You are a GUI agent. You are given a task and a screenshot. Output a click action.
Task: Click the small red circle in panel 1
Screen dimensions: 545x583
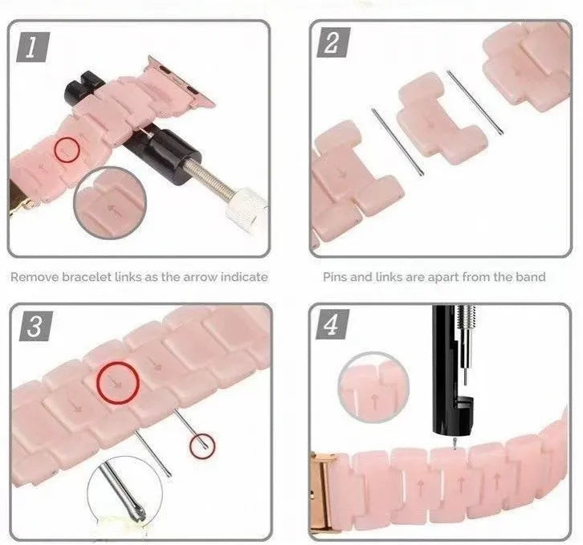pos(68,148)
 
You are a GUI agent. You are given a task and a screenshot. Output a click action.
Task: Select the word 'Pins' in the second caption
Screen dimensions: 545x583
pos(336,277)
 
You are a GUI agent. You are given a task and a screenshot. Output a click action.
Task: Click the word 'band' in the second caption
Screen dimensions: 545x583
pos(530,277)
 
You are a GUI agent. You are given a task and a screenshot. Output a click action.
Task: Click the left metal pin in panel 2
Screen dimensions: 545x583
pos(397,140)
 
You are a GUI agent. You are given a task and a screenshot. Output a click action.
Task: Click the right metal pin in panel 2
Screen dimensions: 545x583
pos(475,104)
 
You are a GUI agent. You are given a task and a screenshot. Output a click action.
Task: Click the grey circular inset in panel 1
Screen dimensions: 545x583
pos(112,205)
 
